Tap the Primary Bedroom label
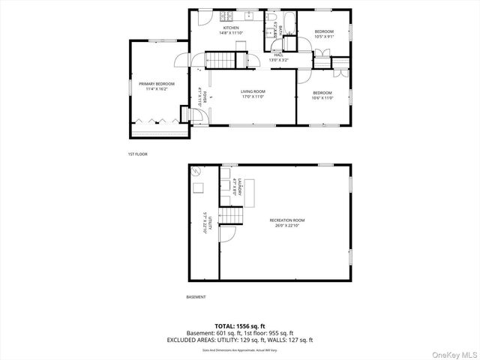coord(156,86)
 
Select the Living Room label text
coord(253,94)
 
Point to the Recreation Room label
coord(284,222)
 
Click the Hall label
coord(278,57)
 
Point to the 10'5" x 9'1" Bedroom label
coord(324,34)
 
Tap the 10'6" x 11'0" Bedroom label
coord(322,95)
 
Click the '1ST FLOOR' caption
coord(137,154)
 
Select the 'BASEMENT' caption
coord(196,297)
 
